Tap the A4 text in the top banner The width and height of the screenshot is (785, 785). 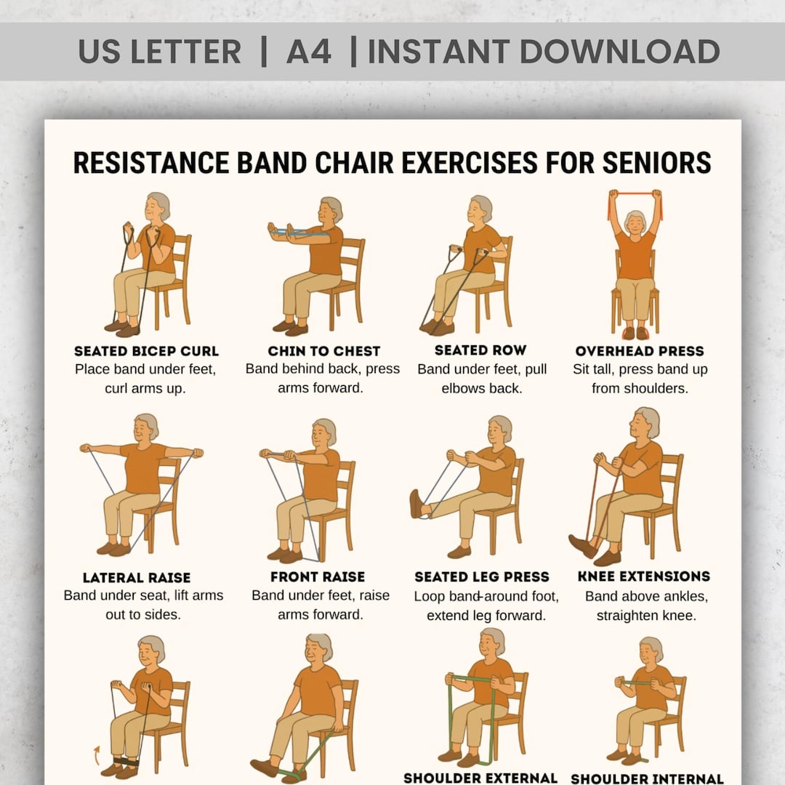coord(309,52)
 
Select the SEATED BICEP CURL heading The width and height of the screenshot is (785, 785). coord(146,352)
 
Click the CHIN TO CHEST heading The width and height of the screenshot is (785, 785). coord(323,351)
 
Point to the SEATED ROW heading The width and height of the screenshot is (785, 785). coord(480,350)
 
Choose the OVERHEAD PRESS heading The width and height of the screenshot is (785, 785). coord(640,351)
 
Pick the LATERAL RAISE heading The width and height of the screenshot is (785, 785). coord(137,578)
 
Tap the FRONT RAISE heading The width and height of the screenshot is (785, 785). coord(317,577)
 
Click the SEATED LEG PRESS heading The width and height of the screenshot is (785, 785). coord(482,577)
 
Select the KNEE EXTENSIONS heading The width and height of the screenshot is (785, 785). coord(644,576)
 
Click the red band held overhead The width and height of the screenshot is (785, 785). coord(635,194)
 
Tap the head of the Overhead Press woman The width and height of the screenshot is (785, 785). coord(635,221)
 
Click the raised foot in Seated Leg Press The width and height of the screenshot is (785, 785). coord(416,504)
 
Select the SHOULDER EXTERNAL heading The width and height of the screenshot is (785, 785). coord(480,778)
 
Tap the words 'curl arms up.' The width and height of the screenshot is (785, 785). coord(145,388)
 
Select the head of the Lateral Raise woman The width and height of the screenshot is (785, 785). coord(146,427)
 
